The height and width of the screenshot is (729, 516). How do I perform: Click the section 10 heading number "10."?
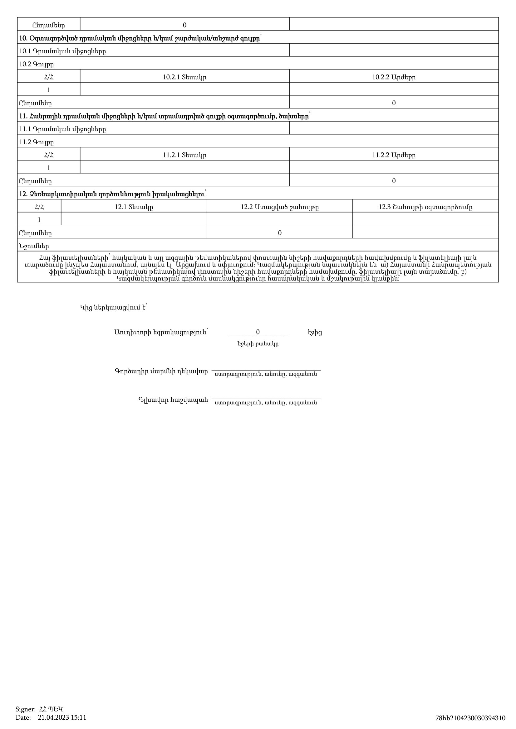point(23,38)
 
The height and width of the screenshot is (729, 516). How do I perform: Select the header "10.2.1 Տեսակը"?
point(184,77)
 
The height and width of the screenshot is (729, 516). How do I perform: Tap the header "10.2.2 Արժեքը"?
point(394,77)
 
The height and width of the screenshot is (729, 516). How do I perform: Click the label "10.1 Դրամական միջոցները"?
point(62,51)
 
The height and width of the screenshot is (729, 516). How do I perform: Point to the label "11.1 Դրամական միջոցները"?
point(62,129)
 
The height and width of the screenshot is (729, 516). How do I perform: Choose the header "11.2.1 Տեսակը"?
point(184,155)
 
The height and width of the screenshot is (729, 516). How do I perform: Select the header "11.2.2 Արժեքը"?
point(394,155)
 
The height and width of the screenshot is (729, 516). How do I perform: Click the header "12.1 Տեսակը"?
point(134,207)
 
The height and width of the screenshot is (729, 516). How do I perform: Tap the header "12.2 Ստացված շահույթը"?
point(279,207)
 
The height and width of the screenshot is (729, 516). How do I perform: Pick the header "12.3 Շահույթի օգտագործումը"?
point(425,207)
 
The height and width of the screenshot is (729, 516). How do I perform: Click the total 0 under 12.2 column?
point(279,233)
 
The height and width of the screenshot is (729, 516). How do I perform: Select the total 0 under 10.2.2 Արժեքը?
point(394,103)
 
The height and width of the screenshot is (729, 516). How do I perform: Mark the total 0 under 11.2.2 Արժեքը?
point(394,181)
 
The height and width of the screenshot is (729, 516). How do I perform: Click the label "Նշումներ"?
point(34,246)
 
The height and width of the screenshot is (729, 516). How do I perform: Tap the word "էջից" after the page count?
point(314,333)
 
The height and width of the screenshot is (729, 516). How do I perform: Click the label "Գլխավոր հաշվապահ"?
point(173,400)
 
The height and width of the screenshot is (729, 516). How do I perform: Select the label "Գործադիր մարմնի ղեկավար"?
point(161,371)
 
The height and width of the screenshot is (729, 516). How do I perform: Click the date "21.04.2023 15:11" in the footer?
point(62,717)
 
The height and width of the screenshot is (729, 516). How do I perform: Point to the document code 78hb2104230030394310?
point(470,718)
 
